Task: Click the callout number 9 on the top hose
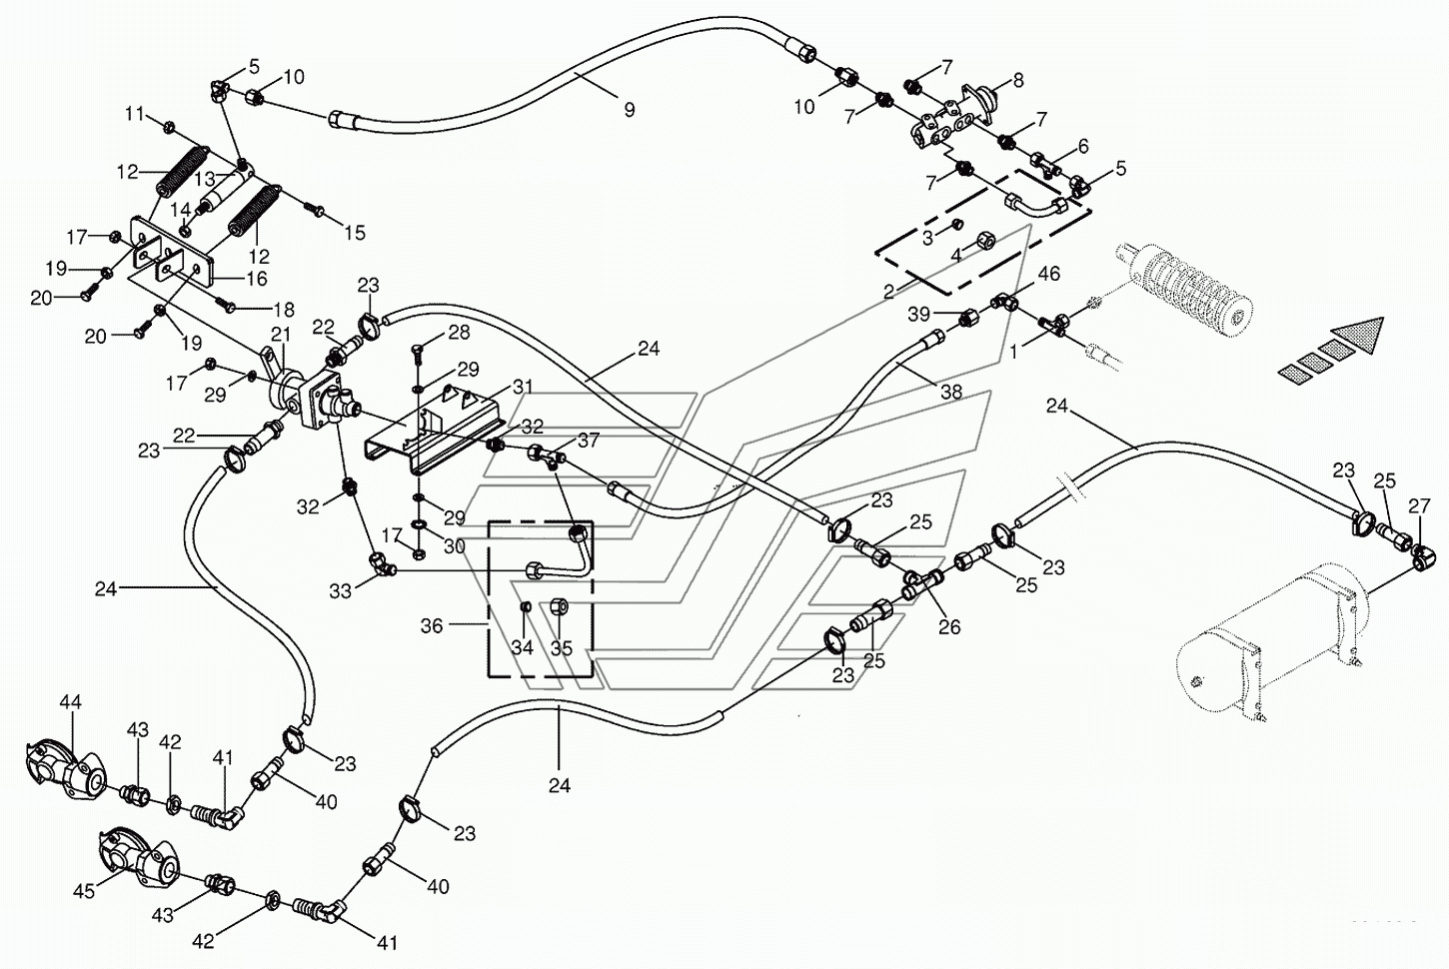coord(629,110)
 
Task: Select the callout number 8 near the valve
coord(1018,80)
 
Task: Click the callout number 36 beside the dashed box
coord(432,625)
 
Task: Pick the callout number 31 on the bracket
coord(524,387)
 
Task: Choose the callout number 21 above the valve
coord(281,333)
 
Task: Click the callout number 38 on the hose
coord(951,393)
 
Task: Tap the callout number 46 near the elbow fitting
coord(1048,274)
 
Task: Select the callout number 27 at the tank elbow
coord(1419,507)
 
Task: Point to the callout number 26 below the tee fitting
coord(949,627)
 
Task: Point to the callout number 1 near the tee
coord(1016,352)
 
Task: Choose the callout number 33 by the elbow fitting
coord(341,591)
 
